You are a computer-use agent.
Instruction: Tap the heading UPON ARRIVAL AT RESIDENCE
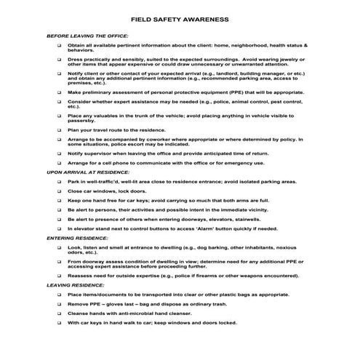82,172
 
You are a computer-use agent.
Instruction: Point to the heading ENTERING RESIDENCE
73,238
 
